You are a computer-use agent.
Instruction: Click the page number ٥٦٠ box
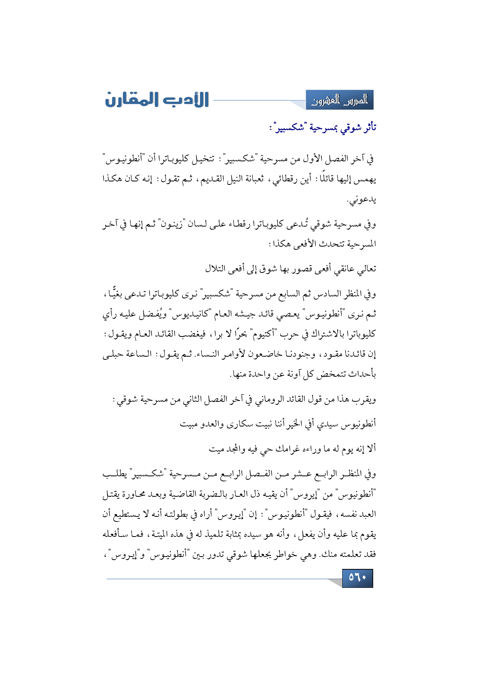(357, 578)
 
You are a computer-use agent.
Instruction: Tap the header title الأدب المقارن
(157, 100)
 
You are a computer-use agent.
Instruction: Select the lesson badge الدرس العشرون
(340, 100)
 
